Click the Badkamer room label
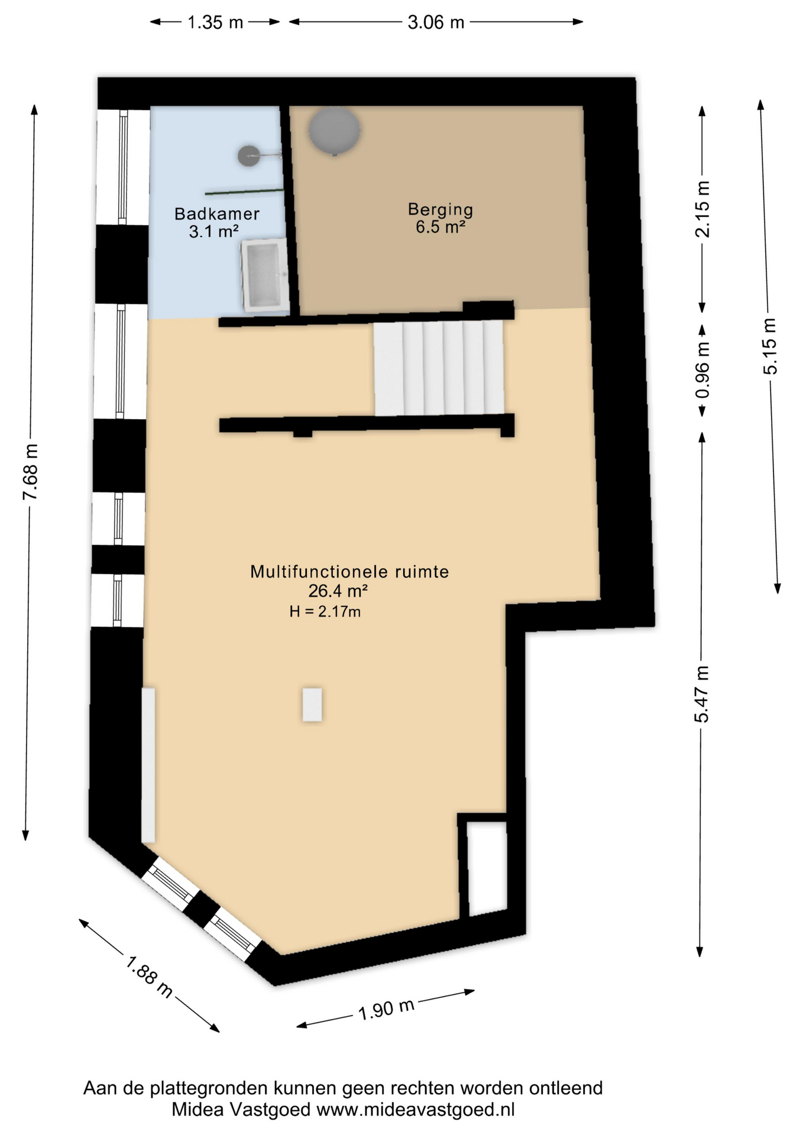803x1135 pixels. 217,214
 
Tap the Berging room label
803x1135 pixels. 441,209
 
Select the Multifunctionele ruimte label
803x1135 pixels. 349,572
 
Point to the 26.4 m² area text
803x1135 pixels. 338,591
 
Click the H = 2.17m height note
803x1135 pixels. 325,611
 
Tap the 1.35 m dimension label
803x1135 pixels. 215,22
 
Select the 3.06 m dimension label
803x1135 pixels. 436,22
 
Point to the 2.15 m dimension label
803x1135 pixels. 702,209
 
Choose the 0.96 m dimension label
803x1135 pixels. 702,371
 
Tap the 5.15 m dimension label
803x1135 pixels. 770,346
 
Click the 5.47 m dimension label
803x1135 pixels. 702,694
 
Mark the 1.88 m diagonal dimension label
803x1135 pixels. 149,978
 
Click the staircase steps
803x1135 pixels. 439,368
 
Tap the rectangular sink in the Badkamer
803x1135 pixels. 264,275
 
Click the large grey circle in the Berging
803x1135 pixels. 334,131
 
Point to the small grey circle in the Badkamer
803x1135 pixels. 249,155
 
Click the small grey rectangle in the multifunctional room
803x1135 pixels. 312,705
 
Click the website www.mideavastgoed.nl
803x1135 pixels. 416,1110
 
